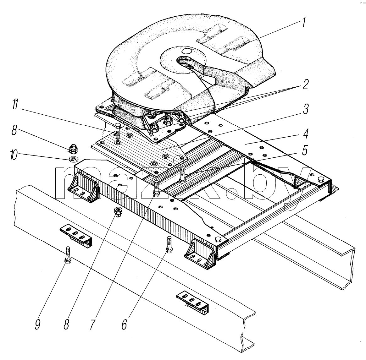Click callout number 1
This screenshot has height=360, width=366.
pyautogui.click(x=303, y=22)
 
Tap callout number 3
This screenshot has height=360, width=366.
pyautogui.click(x=305, y=109)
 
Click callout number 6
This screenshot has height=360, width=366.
pyautogui.click(x=124, y=324)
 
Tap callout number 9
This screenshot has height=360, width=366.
pyautogui.click(x=38, y=324)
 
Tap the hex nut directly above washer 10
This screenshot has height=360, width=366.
pyautogui.click(x=74, y=149)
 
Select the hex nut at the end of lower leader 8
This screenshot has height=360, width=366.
pyautogui.click(x=119, y=212)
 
